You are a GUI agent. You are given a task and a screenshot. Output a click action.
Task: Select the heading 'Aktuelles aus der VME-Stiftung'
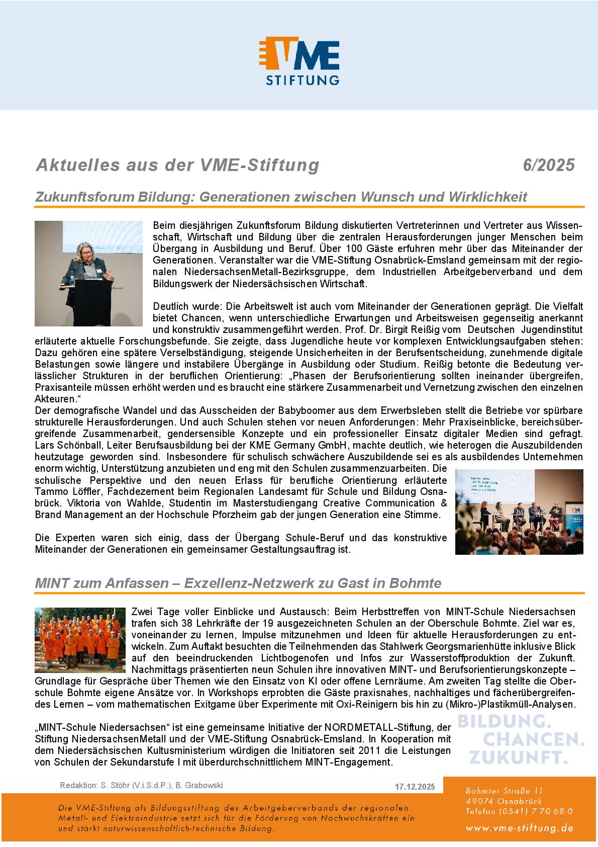[177, 165]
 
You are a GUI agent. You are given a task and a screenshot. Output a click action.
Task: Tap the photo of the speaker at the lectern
[88, 273]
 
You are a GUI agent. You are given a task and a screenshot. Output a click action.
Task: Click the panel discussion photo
[519, 512]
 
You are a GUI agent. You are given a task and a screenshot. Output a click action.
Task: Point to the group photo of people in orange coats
[80, 640]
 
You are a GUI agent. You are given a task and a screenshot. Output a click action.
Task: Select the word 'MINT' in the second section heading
[50, 583]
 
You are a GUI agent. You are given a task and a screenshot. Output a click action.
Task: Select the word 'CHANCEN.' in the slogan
[534, 739]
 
